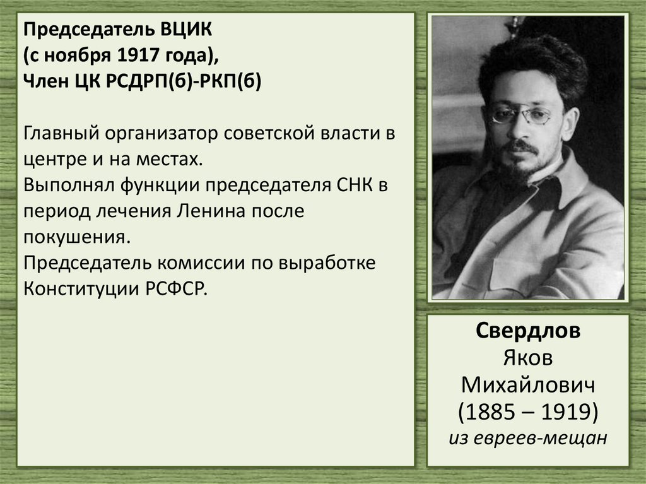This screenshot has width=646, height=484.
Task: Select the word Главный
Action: [60, 135]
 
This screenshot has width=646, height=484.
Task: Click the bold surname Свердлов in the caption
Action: [528, 332]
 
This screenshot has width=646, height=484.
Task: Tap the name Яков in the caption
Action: [528, 358]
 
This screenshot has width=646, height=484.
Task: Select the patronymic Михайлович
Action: [528, 385]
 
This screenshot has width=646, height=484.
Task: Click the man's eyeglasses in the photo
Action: [522, 115]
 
